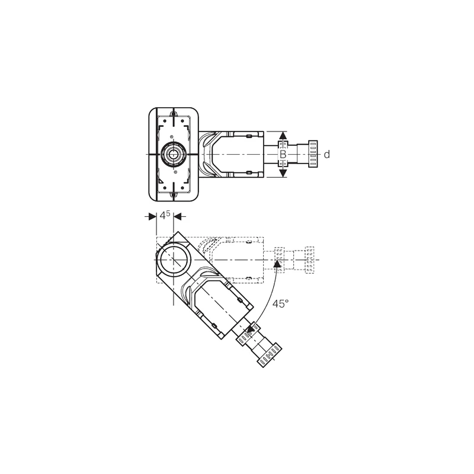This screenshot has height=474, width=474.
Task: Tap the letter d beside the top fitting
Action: (327, 155)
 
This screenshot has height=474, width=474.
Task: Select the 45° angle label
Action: (281, 303)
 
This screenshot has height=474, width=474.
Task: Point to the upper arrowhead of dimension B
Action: (283, 136)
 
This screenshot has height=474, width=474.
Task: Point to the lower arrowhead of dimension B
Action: (283, 173)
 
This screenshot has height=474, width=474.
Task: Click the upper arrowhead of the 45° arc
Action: (277, 264)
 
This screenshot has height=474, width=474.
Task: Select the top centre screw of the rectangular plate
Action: (173, 114)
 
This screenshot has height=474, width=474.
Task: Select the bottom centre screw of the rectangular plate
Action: (173, 195)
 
